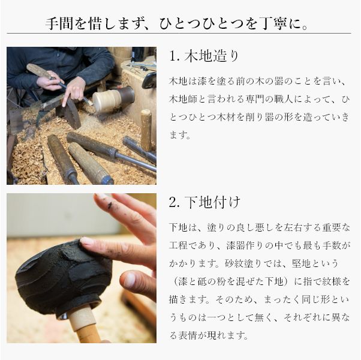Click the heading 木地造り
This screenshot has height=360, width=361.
pyautogui.click(x=211, y=56)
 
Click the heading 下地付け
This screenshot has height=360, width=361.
pyautogui.click(x=212, y=202)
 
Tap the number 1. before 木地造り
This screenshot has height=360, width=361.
pyautogui.click(x=175, y=56)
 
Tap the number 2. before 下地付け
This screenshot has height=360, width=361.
pyautogui.click(x=175, y=203)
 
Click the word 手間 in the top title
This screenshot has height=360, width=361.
pyautogui.click(x=59, y=23)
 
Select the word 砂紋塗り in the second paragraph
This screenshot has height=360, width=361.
pyautogui.click(x=243, y=263)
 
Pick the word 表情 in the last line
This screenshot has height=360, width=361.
pyautogui.click(x=188, y=335)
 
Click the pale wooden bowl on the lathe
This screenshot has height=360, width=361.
pyautogui.click(x=107, y=101)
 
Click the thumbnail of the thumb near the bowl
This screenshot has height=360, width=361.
pyautogui.click(x=130, y=280)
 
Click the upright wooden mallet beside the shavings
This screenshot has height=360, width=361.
pyautogui.click(x=146, y=130)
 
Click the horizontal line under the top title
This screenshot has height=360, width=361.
pyautogui.click(x=179, y=34)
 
